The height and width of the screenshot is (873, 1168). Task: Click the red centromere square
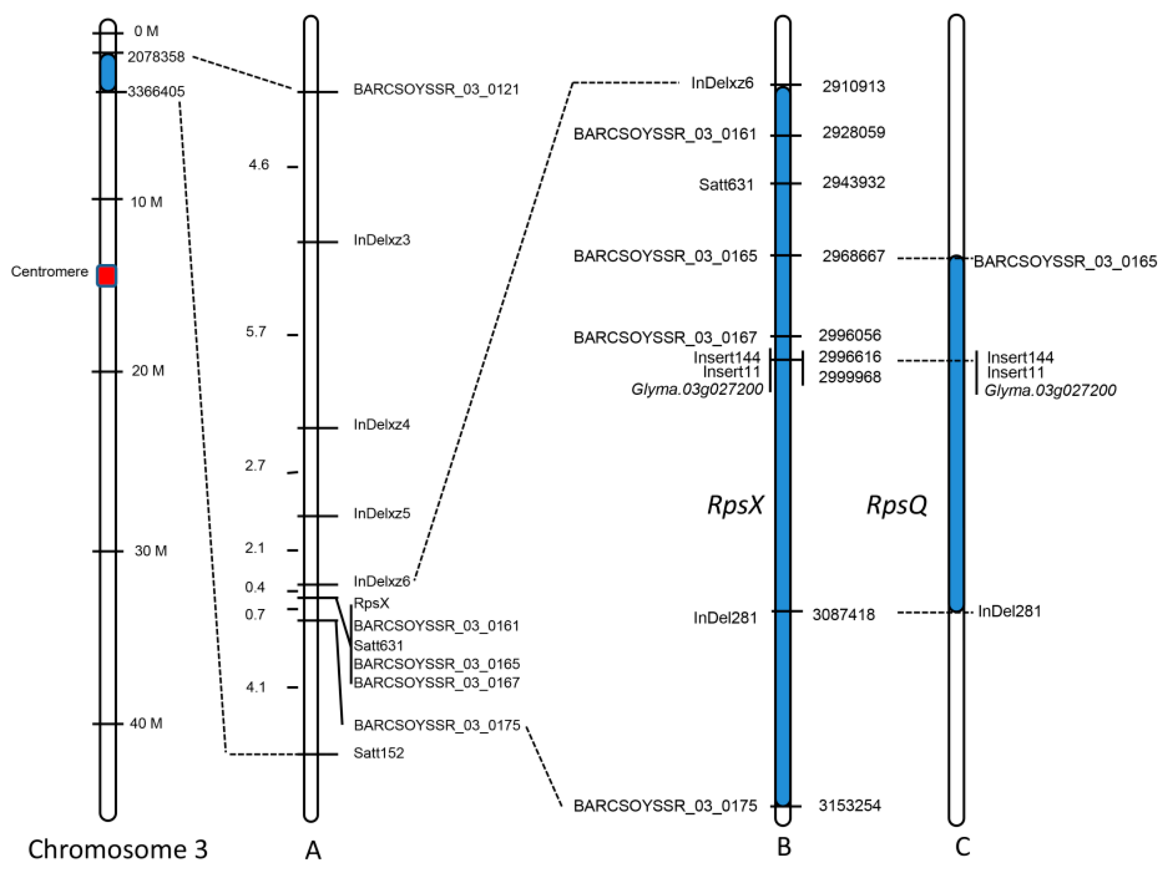click(107, 275)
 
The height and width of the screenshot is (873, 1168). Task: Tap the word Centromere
click(50, 272)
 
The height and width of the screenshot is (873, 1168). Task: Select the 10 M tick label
click(146, 202)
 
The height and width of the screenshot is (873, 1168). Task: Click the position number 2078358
click(156, 57)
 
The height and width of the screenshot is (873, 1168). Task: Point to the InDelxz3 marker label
click(381, 240)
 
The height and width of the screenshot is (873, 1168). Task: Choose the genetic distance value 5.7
click(256, 332)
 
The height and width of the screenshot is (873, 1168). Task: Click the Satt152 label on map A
click(379, 753)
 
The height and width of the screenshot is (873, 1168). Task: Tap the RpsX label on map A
click(371, 603)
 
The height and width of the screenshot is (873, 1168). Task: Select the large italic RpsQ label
click(896, 505)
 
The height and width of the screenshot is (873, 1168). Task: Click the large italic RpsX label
click(735, 505)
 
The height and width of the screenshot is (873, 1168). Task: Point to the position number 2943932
click(853, 183)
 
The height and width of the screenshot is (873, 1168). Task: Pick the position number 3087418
click(843, 614)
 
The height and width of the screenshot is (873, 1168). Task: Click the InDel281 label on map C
click(1009, 611)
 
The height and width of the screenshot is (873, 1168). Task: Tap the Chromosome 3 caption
click(118, 849)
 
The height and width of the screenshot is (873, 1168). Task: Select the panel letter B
click(784, 847)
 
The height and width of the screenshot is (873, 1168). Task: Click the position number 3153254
click(849, 805)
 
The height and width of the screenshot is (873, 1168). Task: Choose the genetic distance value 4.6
click(259, 164)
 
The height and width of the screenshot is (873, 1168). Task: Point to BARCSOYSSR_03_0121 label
click(436, 89)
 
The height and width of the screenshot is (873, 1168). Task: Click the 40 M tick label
click(146, 723)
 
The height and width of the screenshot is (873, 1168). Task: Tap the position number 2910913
click(853, 86)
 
